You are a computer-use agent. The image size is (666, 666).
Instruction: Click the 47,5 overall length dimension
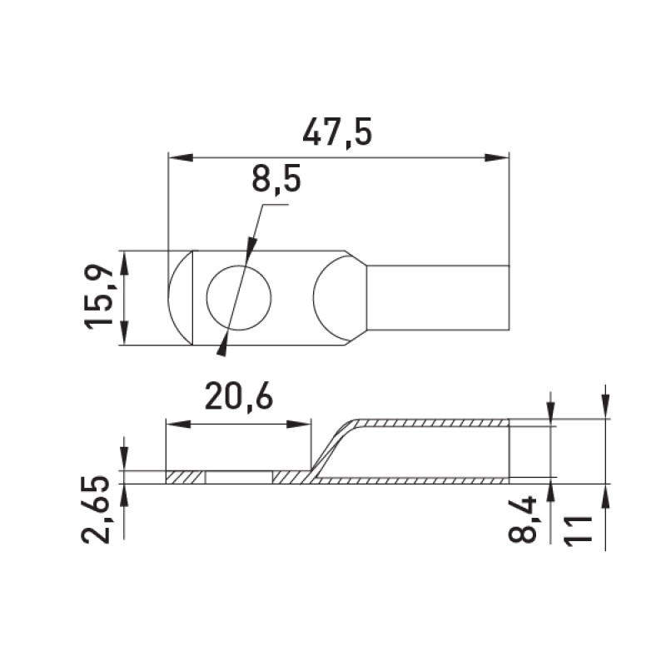(337, 132)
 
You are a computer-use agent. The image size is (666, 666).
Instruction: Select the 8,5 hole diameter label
(276, 178)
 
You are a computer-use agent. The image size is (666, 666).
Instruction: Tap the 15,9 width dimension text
(99, 298)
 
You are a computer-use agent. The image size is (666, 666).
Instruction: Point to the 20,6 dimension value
(238, 396)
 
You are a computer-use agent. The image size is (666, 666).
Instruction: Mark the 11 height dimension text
(578, 529)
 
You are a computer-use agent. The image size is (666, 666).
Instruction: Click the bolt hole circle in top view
(239, 298)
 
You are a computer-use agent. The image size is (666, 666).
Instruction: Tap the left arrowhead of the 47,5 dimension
(181, 157)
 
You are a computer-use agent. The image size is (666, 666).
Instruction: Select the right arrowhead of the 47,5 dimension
(497, 157)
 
